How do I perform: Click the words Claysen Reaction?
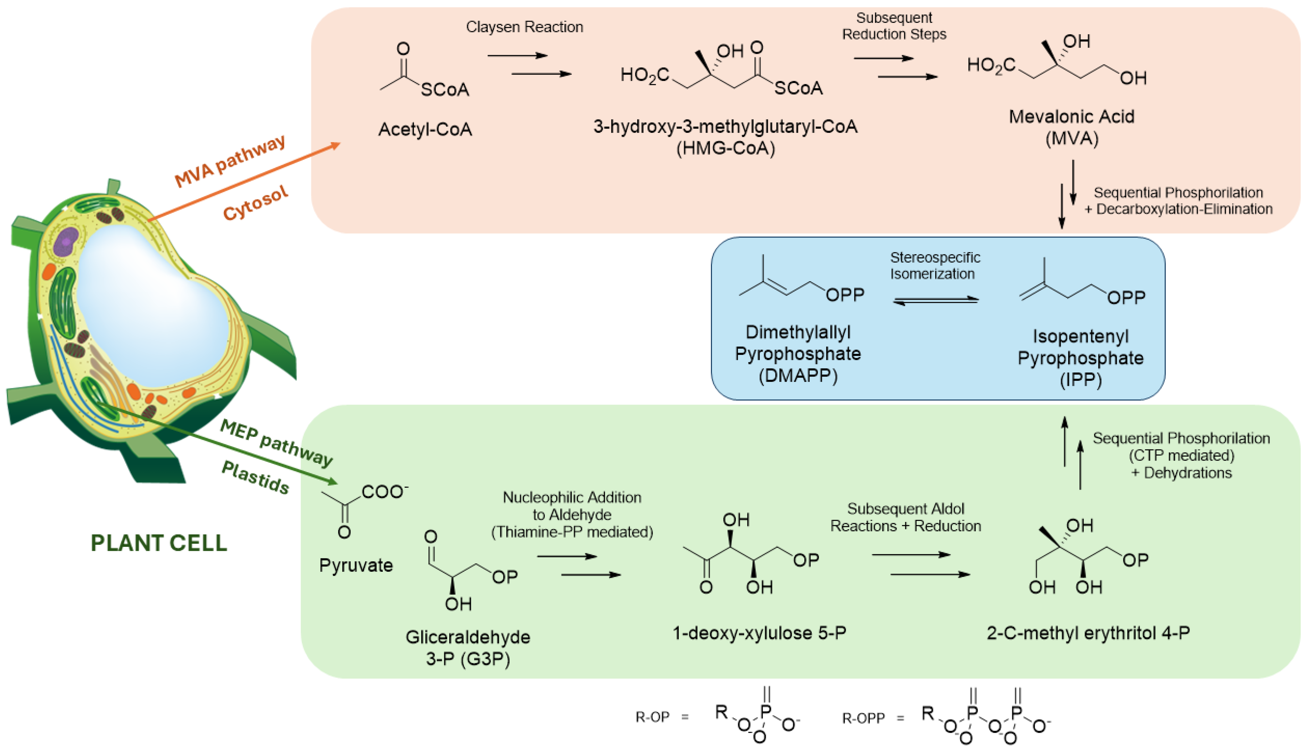pyautogui.click(x=524, y=27)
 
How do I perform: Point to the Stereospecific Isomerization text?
pyautogui.click(x=935, y=265)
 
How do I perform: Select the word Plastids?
pyautogui.click(x=255, y=477)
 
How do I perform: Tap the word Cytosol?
pyautogui.click(x=255, y=203)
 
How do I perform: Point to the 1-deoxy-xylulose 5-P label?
pyautogui.click(x=759, y=633)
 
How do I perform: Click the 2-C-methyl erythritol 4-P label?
pyautogui.click(x=1088, y=633)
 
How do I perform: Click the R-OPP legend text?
pyautogui.click(x=863, y=718)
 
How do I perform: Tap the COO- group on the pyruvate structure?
pyautogui.click(x=384, y=492)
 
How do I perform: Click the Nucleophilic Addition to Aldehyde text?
pyautogui.click(x=572, y=506)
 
